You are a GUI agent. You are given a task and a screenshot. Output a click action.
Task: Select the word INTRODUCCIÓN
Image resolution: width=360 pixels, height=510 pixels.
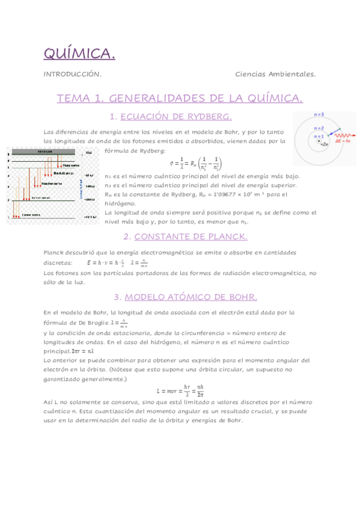click(x=72, y=74)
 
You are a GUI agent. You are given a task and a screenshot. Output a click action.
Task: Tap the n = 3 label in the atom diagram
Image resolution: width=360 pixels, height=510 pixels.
click(x=320, y=114)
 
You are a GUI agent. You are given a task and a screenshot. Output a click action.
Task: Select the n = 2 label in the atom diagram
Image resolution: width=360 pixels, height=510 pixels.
click(x=319, y=128)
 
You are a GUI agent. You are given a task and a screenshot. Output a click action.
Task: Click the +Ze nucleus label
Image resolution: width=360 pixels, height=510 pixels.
click(x=325, y=145)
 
